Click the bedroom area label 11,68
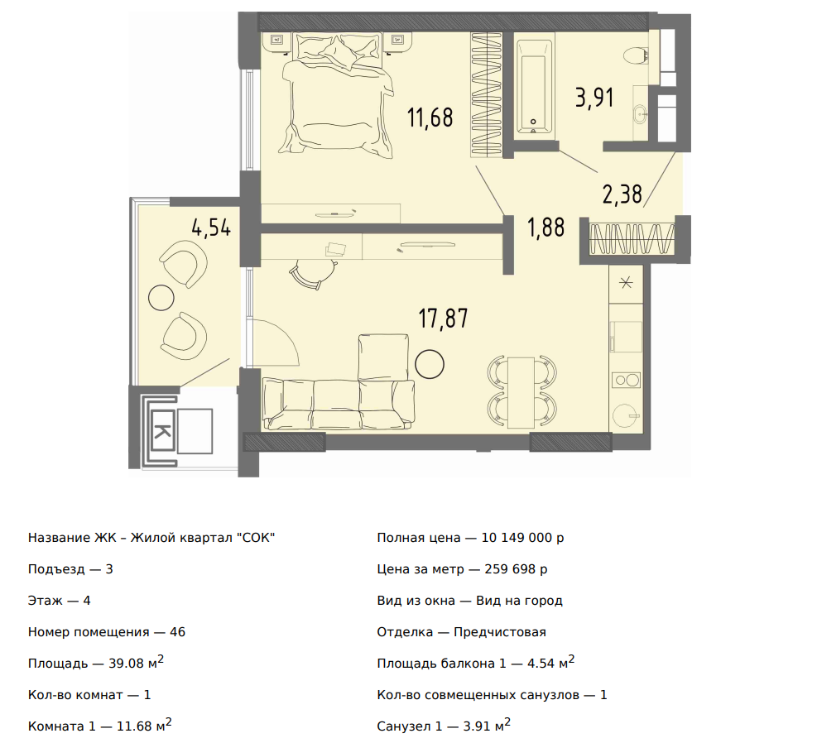click(430, 117)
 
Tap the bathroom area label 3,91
click(594, 98)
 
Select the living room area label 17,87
click(444, 319)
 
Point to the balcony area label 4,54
click(211, 228)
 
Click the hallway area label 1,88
click(546, 228)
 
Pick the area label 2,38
click(622, 194)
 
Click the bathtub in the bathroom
click(534, 86)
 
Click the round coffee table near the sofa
click(430, 364)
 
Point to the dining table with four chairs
click(521, 392)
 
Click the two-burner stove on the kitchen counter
click(627, 380)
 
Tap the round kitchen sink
click(626, 416)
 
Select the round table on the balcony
click(161, 299)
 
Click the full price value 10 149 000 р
click(522, 538)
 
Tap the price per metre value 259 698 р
click(516, 569)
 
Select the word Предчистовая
click(500, 632)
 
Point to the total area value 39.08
click(126, 664)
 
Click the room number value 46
click(177, 632)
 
